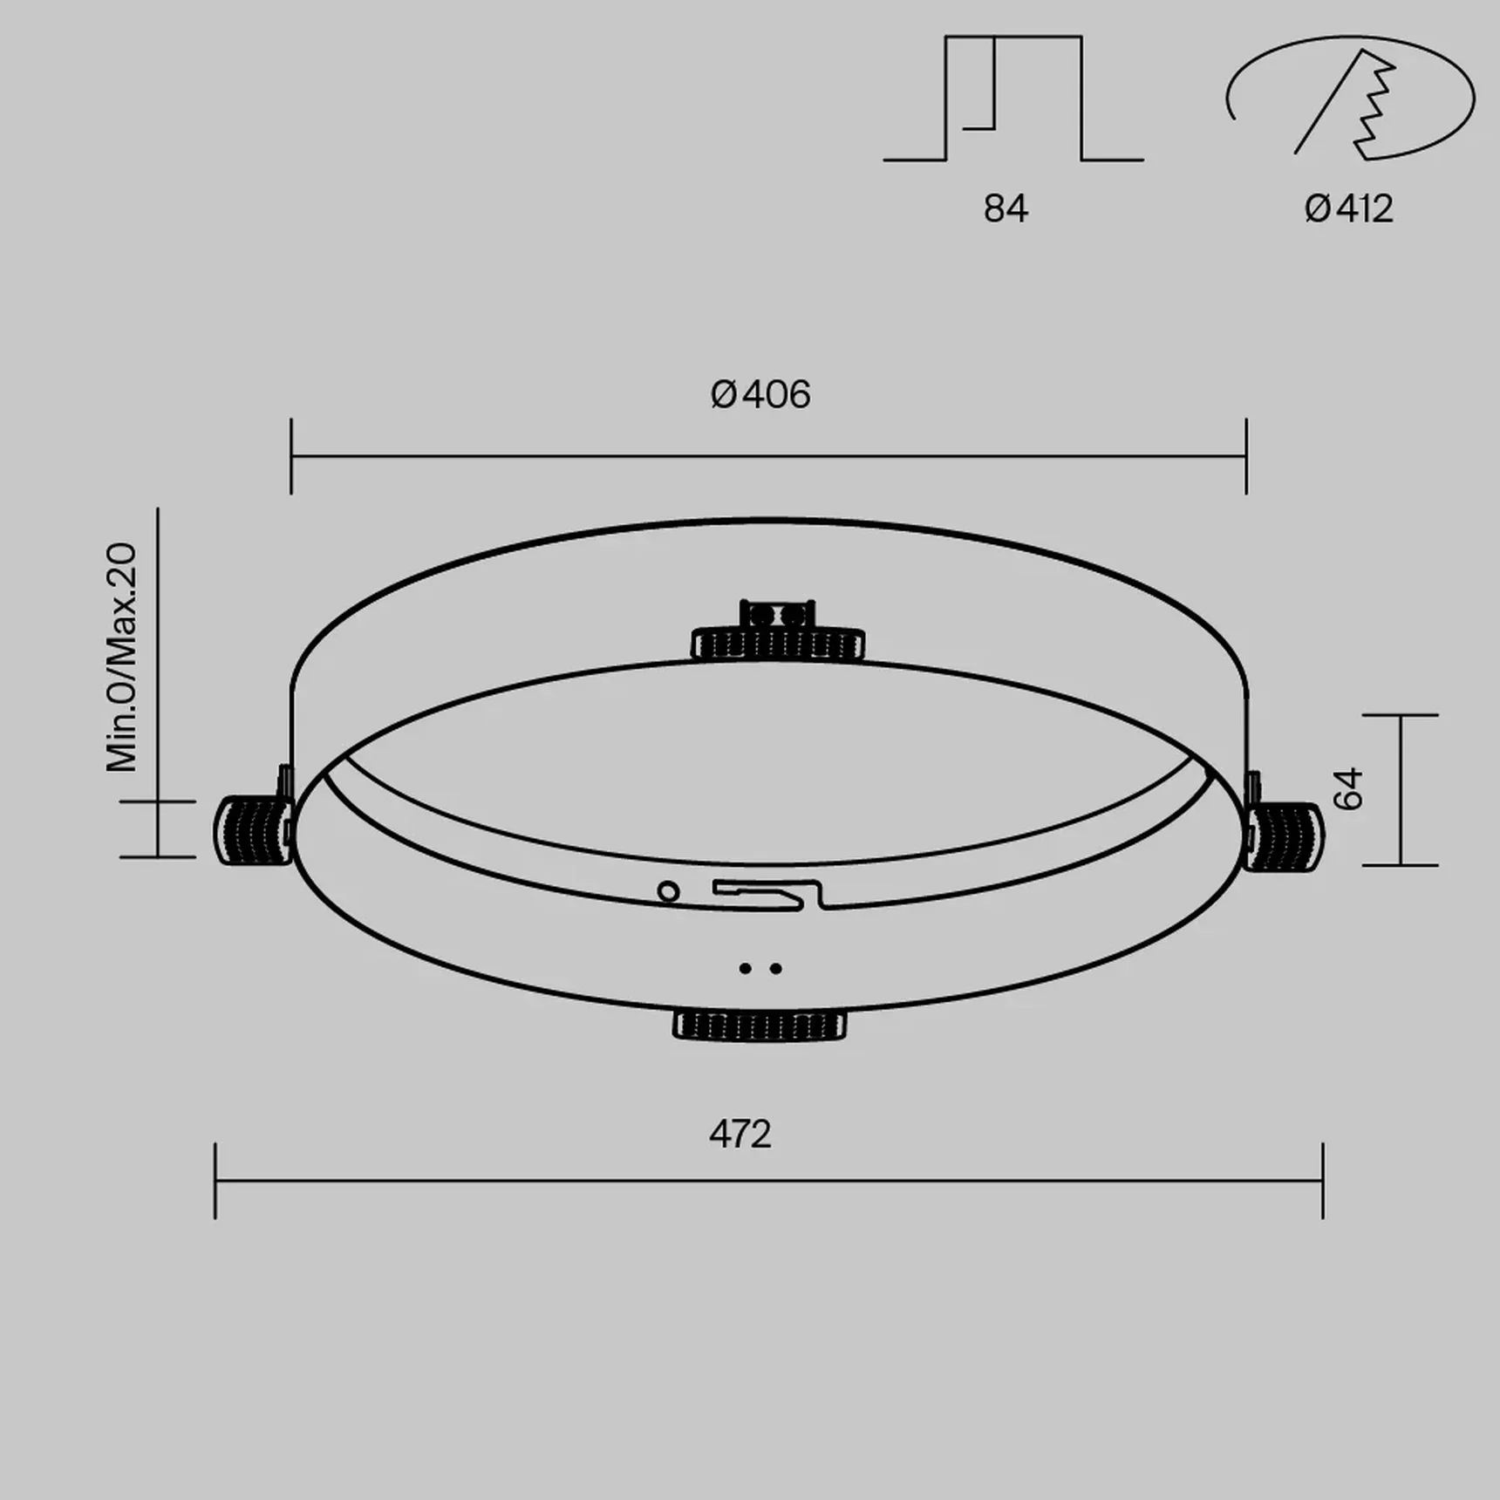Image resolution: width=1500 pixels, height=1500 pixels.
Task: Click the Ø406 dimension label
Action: pyautogui.click(x=760, y=395)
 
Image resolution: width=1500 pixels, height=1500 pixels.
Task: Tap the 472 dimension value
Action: pyautogui.click(x=740, y=1135)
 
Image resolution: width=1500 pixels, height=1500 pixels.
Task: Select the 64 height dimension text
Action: pyautogui.click(x=1348, y=789)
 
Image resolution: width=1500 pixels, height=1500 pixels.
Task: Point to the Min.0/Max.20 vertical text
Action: pyautogui.click(x=122, y=658)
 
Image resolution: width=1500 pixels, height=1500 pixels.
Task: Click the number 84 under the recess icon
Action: pyautogui.click(x=1006, y=209)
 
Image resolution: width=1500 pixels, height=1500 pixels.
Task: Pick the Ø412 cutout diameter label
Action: pyautogui.click(x=1348, y=209)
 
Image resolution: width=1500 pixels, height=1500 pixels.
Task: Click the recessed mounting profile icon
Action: pyautogui.click(x=1013, y=99)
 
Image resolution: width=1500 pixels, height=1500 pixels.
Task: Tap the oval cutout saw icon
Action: pyautogui.click(x=1349, y=98)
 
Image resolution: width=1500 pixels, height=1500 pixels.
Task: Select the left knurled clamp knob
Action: pyautogui.click(x=252, y=830)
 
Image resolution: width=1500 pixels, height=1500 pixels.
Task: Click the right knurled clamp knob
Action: pyautogui.click(x=1284, y=835)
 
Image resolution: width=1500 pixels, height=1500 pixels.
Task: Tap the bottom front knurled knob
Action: pyautogui.click(x=760, y=1025)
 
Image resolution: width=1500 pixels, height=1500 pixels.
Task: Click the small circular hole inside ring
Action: pyautogui.click(x=668, y=891)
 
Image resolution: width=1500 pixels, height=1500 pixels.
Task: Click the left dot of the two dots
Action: pyautogui.click(x=745, y=968)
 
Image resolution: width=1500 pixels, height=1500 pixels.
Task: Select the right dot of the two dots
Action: pyautogui.click(x=775, y=968)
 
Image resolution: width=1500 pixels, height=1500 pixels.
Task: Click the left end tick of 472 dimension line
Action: pyautogui.click(x=215, y=1181)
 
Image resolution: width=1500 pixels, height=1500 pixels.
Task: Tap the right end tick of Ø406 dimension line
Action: pyautogui.click(x=1246, y=456)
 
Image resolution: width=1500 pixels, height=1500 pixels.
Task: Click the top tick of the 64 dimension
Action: pyautogui.click(x=1400, y=715)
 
